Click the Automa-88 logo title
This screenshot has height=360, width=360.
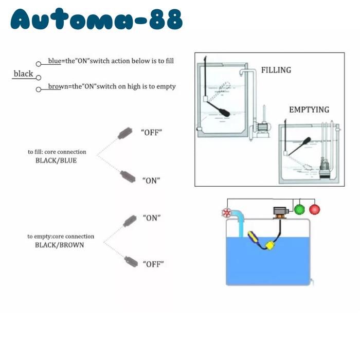pos(97,19)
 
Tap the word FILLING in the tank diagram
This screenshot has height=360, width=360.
pos(276,70)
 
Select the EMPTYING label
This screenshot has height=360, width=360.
pos(309,110)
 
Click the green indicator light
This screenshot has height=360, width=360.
pos(299,209)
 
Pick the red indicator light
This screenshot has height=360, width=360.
pos(315,209)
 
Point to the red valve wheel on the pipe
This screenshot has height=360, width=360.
pos(227,213)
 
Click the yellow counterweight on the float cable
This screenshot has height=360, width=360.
pos(270,245)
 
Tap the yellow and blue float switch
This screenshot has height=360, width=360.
pos(254,238)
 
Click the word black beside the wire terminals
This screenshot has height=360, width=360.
pos(23,74)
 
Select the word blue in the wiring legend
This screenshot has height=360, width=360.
pos(55,61)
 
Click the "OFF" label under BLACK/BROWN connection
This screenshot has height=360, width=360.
pos(153,264)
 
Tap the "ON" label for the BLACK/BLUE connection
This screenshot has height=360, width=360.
pos(151,181)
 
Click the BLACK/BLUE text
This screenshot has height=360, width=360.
pos(56,160)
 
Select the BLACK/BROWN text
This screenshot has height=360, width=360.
pos(59,245)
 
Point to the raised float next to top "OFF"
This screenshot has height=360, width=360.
pos(125,133)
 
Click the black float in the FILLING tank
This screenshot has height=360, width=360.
pos(219,109)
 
